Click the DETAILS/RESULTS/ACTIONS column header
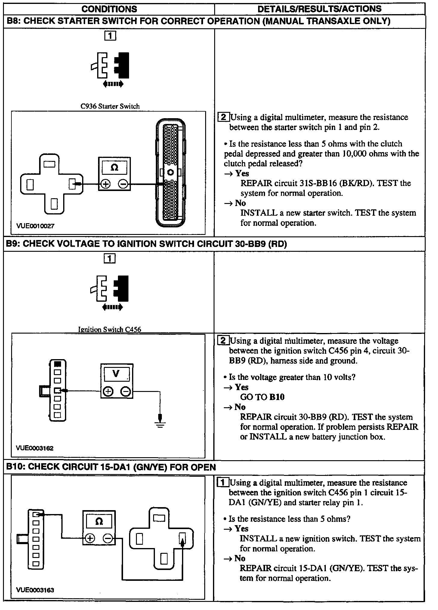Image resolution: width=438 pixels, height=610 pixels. [319, 9]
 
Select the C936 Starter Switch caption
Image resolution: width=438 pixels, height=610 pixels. [110, 106]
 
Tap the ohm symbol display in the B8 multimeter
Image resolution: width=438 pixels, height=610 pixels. [114, 167]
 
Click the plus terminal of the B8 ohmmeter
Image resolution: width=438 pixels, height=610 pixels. [106, 184]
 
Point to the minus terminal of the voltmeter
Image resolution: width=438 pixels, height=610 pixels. [125, 391]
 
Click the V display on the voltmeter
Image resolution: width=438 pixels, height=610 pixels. [116, 374]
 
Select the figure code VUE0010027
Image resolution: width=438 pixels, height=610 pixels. [35, 226]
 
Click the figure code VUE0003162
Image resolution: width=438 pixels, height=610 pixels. [35, 448]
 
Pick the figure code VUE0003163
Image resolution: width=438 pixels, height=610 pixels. [35, 590]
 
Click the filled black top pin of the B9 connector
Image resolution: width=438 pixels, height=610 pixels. [57, 364]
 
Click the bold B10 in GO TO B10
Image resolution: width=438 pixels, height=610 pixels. [277, 397]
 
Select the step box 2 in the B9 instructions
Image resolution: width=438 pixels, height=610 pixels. [223, 340]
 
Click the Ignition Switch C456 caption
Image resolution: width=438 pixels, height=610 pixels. [109, 329]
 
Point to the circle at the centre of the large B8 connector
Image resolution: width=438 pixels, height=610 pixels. [170, 172]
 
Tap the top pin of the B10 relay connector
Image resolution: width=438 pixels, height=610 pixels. [159, 518]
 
